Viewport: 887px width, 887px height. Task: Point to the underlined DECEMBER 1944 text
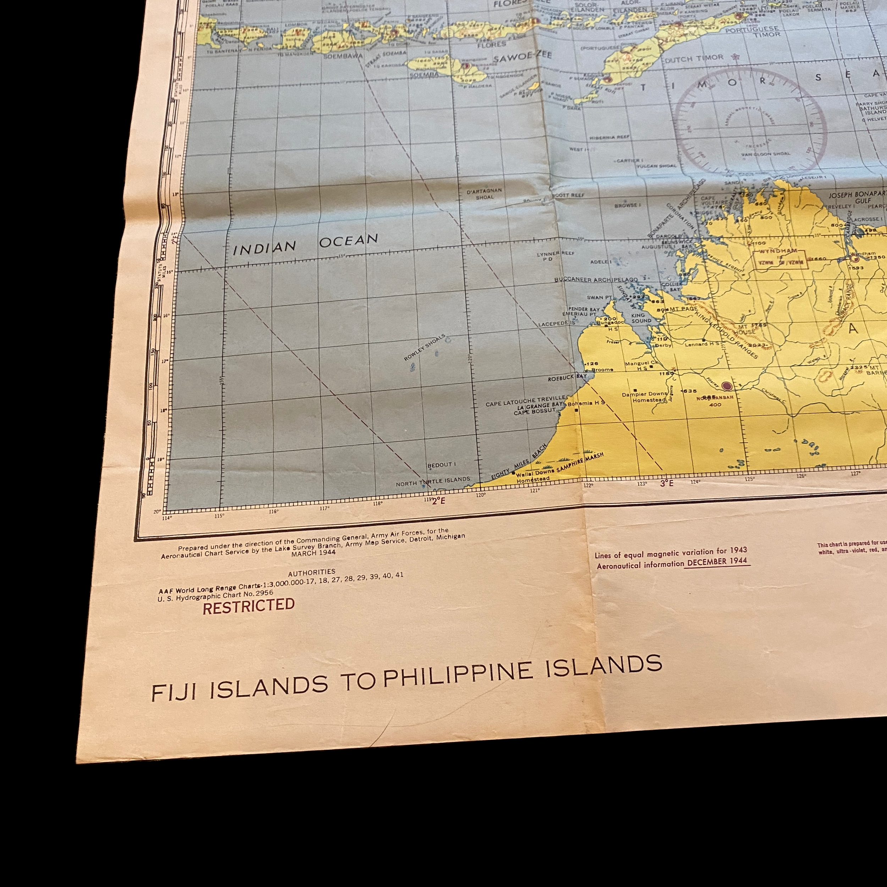point(717,562)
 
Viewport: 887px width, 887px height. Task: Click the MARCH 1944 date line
point(314,553)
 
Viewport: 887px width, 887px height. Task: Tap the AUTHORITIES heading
point(311,572)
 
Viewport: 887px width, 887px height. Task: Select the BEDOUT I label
point(441,465)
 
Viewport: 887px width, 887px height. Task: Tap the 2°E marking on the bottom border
point(439,500)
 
